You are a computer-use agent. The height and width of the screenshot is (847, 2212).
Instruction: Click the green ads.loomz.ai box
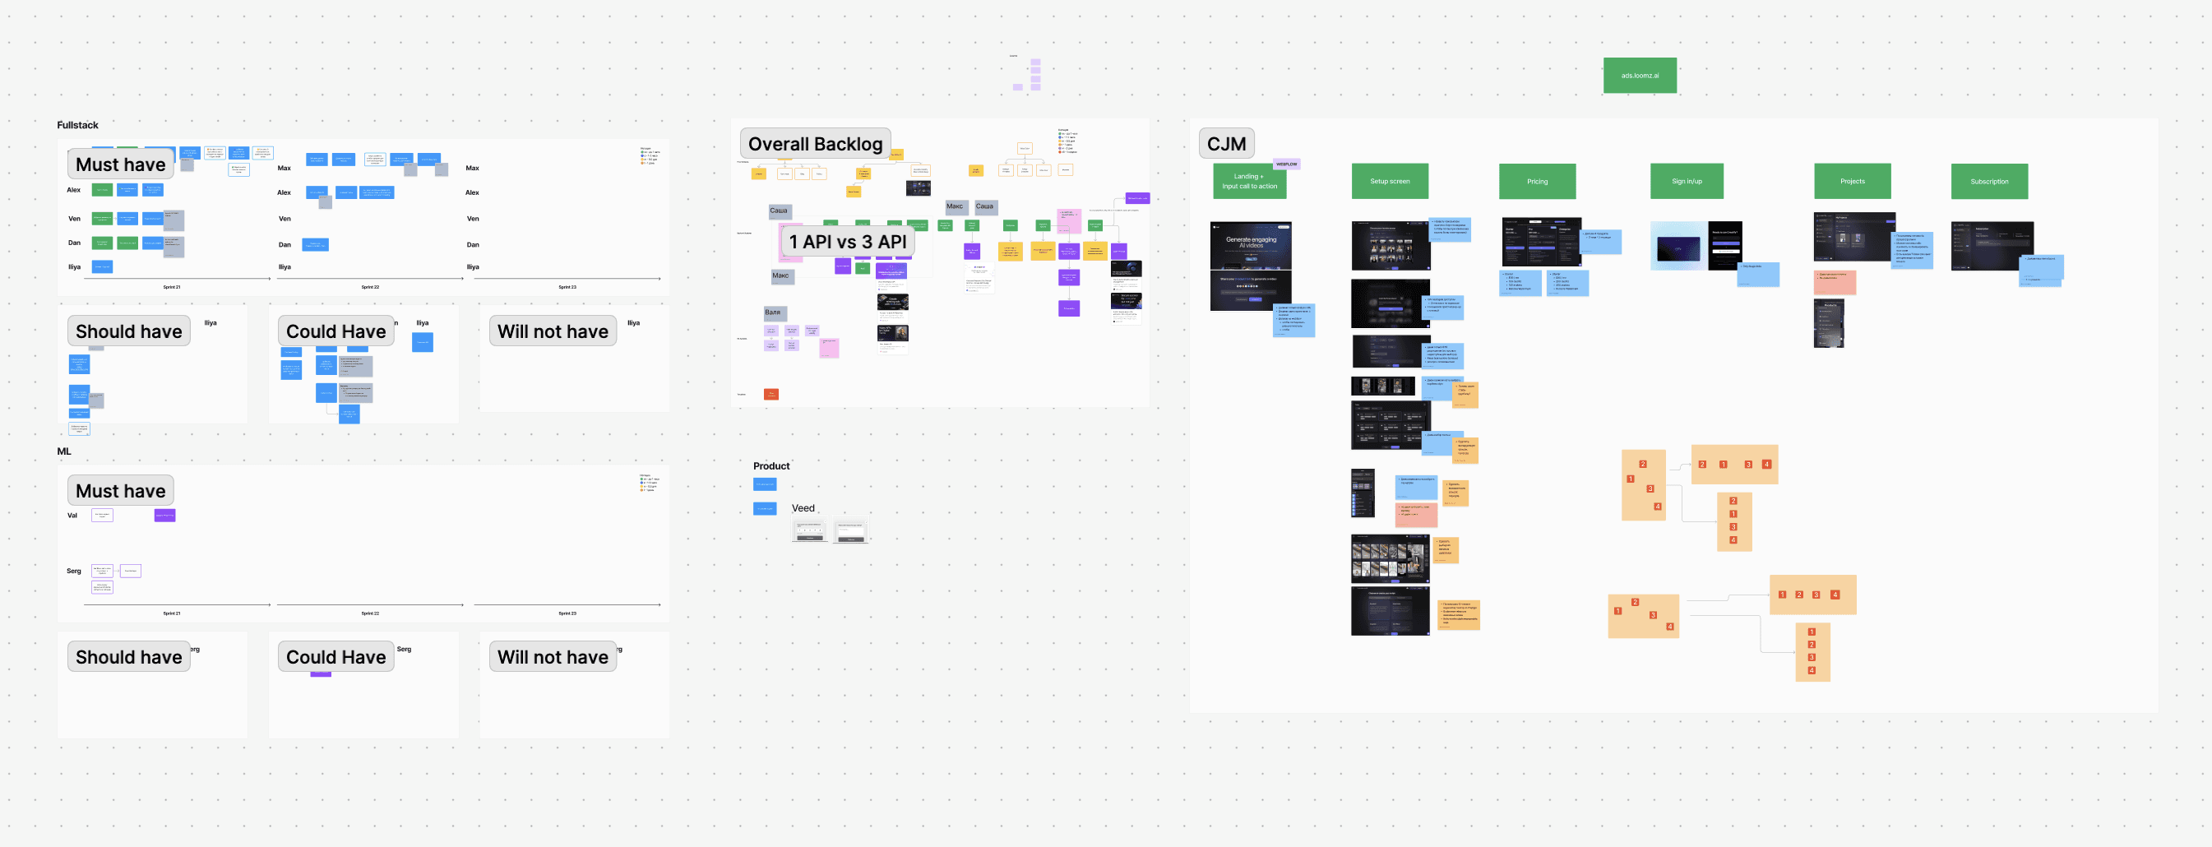pos(1639,76)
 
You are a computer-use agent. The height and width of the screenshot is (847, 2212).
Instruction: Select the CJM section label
pos(1225,143)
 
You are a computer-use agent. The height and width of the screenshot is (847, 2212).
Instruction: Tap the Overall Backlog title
pos(814,143)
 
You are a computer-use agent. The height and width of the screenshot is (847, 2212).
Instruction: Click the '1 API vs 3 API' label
pos(847,242)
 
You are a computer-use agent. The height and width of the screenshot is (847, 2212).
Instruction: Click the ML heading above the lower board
pos(64,451)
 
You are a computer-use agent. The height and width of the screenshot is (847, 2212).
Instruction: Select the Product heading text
pos(770,466)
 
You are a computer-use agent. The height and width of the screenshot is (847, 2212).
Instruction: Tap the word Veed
pos(803,508)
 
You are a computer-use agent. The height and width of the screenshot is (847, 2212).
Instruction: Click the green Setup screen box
pos(1390,181)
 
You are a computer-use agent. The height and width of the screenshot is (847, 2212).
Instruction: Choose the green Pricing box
pos(1537,181)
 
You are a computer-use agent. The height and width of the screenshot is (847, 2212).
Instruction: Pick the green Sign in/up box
pos(1687,181)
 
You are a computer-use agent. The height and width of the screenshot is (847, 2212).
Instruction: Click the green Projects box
pos(1852,181)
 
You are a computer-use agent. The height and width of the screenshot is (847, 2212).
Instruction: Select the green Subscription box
pos(1988,181)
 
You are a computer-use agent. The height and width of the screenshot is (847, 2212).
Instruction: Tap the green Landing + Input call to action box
pos(1249,181)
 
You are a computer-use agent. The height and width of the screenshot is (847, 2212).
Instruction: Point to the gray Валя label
pos(774,312)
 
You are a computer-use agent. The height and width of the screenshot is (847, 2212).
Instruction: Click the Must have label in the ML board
pos(120,490)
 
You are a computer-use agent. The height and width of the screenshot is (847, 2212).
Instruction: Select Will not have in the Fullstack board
pos(552,331)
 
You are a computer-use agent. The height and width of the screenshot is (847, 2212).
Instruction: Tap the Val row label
pos(72,516)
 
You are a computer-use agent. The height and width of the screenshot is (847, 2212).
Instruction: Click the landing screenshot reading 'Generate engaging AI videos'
pos(1250,244)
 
